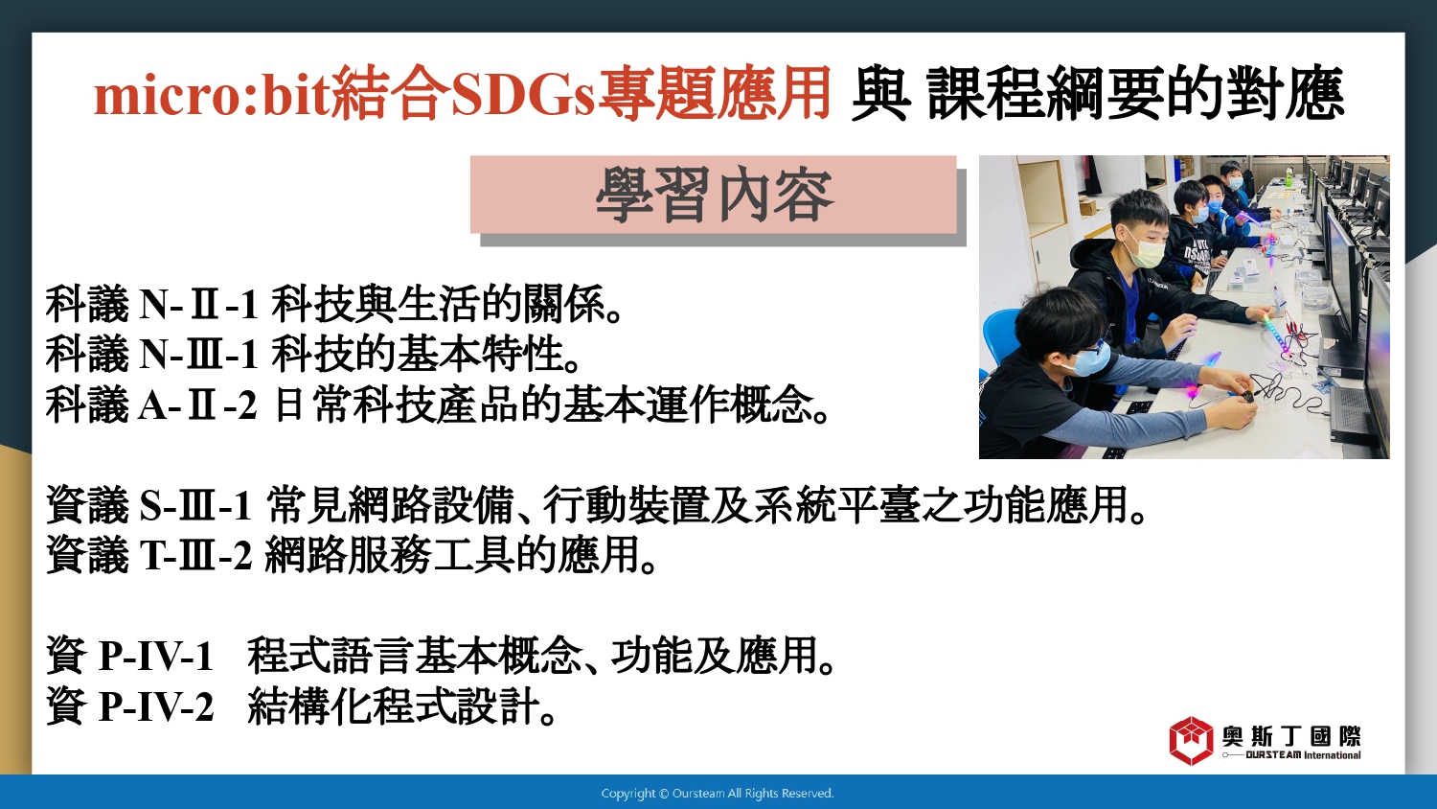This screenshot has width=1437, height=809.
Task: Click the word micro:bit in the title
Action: [213, 96]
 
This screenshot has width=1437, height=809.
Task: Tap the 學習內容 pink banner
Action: [714, 195]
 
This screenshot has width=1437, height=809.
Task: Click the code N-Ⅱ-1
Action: [198, 304]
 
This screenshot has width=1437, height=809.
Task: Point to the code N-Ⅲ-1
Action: [198, 354]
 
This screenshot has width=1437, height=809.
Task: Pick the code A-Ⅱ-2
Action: [198, 405]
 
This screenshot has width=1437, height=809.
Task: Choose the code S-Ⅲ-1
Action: [195, 505]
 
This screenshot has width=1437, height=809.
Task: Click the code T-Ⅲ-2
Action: [196, 555]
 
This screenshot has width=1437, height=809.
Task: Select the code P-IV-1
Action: [156, 657]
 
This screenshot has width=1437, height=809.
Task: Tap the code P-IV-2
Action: [156, 706]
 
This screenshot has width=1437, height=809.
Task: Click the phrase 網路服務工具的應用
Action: [452, 555]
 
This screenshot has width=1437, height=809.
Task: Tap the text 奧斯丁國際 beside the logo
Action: [1290, 736]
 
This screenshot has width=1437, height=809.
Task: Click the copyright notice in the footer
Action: [718, 794]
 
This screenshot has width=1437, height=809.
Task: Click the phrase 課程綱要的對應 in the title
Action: [1135, 96]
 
